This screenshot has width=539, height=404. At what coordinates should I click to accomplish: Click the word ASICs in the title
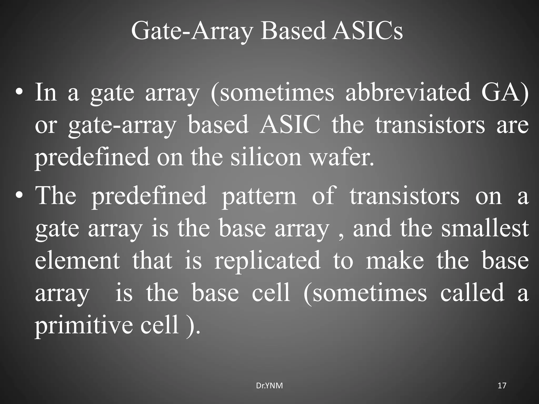point(367,31)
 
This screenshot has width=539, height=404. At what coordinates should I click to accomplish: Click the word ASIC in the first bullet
point(290,125)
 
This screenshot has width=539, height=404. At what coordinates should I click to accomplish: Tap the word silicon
point(266,157)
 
